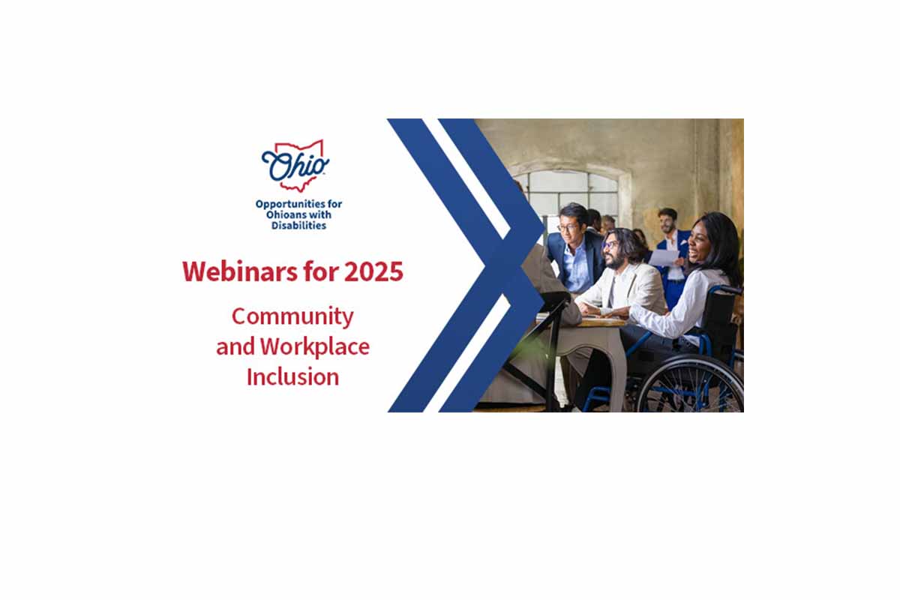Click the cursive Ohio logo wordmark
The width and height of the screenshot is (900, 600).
(295, 166)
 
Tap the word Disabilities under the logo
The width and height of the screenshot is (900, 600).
(298, 226)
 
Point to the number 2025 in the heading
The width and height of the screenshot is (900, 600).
(373, 271)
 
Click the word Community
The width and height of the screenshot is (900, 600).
(292, 317)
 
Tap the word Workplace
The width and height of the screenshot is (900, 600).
(314, 347)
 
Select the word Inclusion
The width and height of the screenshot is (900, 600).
(292, 377)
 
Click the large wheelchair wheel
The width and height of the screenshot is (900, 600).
(690, 383)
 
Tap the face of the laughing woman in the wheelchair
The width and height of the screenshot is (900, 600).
(699, 243)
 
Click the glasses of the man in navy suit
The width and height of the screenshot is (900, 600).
(568, 228)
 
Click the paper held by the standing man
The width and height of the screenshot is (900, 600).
(663, 257)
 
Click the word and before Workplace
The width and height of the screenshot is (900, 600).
(235, 347)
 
